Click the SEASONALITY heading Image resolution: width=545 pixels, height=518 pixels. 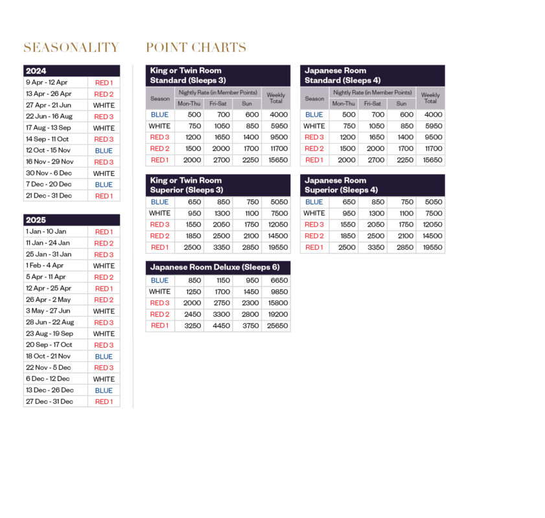(71, 48)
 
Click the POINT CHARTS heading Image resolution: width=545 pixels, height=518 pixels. (196, 48)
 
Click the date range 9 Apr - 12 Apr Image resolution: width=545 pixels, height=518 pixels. (47, 83)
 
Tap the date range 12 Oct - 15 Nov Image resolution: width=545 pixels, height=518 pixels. (48, 150)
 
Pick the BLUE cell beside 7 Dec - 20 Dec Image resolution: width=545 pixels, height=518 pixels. (104, 185)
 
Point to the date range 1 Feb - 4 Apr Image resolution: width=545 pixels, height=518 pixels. (45, 265)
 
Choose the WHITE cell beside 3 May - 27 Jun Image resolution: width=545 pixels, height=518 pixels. (104, 311)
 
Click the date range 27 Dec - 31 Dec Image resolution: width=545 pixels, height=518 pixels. (49, 401)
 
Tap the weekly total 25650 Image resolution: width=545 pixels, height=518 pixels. (277, 326)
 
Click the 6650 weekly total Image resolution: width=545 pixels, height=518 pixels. (277, 280)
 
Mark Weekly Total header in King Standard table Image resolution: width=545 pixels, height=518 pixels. (276, 98)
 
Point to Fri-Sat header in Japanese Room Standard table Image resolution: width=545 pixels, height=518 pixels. (373, 104)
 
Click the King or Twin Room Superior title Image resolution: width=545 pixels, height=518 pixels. (186, 185)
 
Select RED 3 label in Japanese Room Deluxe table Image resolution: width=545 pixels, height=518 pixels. (159, 303)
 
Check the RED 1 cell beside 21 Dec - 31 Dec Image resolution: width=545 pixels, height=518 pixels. (104, 196)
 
